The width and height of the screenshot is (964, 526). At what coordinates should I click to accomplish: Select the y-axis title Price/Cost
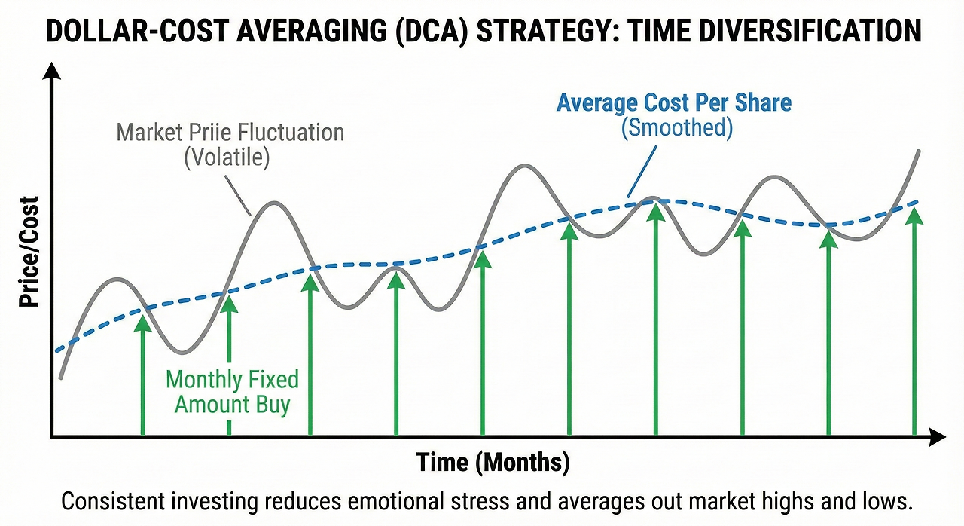tap(29, 252)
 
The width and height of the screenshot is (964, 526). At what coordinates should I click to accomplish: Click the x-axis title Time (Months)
tap(493, 461)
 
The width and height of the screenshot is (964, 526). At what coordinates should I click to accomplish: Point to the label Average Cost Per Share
tap(674, 102)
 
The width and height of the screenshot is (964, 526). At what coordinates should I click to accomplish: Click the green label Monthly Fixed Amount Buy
tap(232, 391)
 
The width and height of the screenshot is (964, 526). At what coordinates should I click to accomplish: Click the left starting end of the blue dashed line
tap(56, 350)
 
